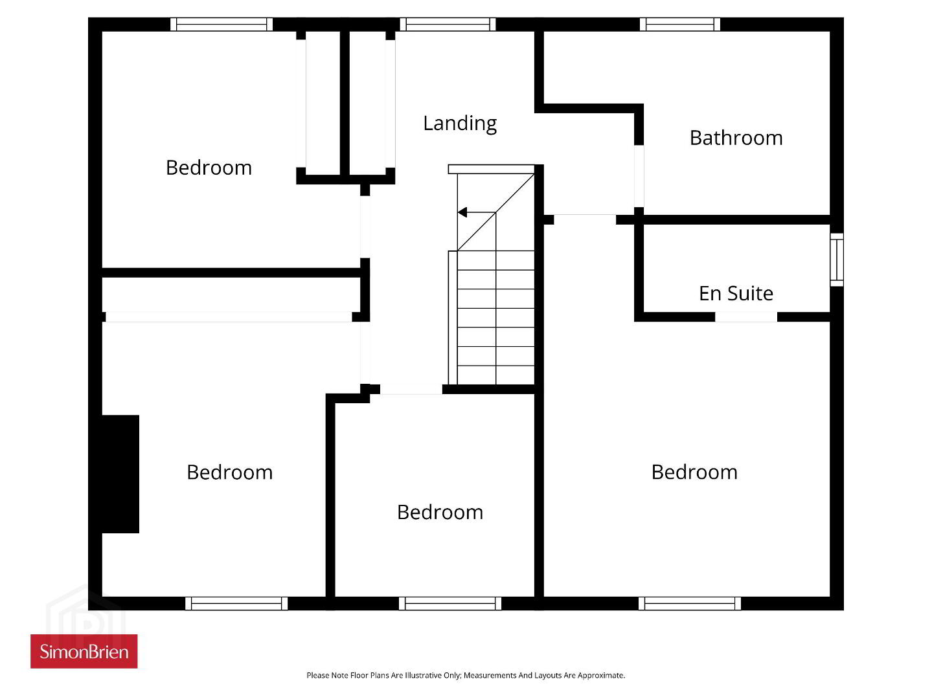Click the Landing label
460,124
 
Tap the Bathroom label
736,138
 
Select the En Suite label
736,293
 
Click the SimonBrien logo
84,652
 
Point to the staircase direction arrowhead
462,212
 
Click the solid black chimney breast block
120,474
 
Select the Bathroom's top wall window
680,24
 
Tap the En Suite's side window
836,260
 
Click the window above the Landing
448,24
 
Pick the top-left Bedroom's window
222,24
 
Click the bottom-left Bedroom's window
236,603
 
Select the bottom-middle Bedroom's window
450,603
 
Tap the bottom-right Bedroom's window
690,603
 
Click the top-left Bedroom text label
209,168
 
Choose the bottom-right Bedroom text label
695,472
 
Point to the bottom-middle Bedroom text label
440,513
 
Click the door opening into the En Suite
746,317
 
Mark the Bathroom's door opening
639,176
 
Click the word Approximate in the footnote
601,675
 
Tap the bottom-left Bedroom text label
230,472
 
